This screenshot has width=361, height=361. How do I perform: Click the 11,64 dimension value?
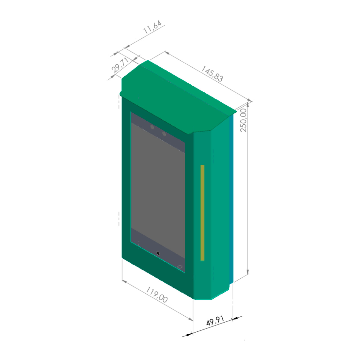(x=152, y=27)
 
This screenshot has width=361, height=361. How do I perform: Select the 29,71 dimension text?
(x=120, y=65)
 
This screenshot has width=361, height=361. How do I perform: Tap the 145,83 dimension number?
(x=212, y=74)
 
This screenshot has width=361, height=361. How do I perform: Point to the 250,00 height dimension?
(x=243, y=120)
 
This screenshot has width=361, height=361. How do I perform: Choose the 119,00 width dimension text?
(x=157, y=295)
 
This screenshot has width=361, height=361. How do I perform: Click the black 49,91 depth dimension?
(x=215, y=321)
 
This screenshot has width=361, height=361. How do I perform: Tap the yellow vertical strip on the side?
(x=202, y=213)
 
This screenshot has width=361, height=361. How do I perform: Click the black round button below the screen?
(x=158, y=254)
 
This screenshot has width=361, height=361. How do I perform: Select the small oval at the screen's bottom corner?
(x=180, y=267)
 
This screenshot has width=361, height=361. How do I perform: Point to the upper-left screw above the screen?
(x=152, y=127)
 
